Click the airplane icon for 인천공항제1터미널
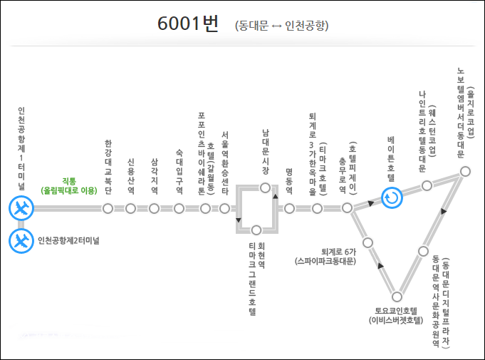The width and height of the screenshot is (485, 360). tap(21, 209)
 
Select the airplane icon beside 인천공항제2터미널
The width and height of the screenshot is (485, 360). tap(21, 240)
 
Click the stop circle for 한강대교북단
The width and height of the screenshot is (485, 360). tap(108, 209)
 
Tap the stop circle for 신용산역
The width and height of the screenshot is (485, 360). tap(130, 209)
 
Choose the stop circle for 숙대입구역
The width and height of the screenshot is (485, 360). tap(179, 209)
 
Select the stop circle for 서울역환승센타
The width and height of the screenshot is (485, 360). tap(225, 209)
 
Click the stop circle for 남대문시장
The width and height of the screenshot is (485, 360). tap(265, 187)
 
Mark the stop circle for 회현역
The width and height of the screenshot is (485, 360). tap(256, 230)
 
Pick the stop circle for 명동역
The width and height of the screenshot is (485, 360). tap(289, 209)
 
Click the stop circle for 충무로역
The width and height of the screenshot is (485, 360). tap(347, 208)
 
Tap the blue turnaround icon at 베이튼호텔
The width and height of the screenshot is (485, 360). tap(391, 197)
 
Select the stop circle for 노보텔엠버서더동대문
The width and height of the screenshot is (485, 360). tap(465, 171)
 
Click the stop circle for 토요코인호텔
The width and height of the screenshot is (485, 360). tap(397, 297)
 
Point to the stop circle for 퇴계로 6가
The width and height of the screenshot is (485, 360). tap(368, 243)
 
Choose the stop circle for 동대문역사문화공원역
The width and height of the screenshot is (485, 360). tap(425, 250)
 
